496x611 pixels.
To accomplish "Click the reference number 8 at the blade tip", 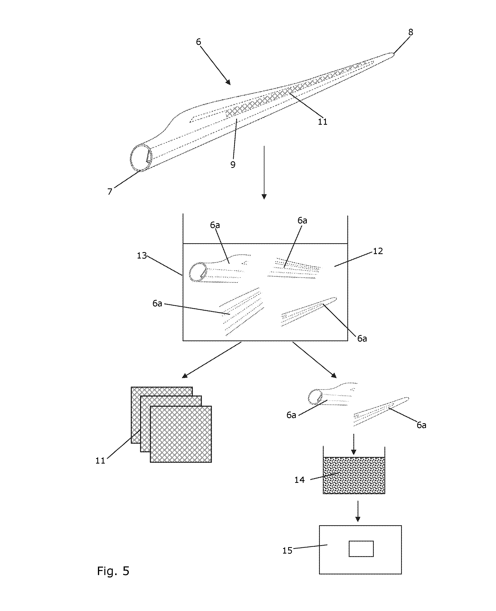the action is pos(411,32).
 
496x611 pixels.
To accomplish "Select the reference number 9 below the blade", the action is pos(233,164).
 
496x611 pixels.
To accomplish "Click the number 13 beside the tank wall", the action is pos(142,255).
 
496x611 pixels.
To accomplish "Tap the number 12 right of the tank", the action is pos(378,251).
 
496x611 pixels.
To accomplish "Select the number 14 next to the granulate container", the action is pos(299,480).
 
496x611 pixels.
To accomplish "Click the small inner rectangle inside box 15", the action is pos(361,549).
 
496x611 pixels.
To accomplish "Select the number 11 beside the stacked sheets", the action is pos(100,461).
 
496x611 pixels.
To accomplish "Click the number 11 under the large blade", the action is pos(323,122).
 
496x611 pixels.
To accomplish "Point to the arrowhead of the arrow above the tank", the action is pos(264,196).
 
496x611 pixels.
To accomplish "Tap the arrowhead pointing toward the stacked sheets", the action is pos(185,376).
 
